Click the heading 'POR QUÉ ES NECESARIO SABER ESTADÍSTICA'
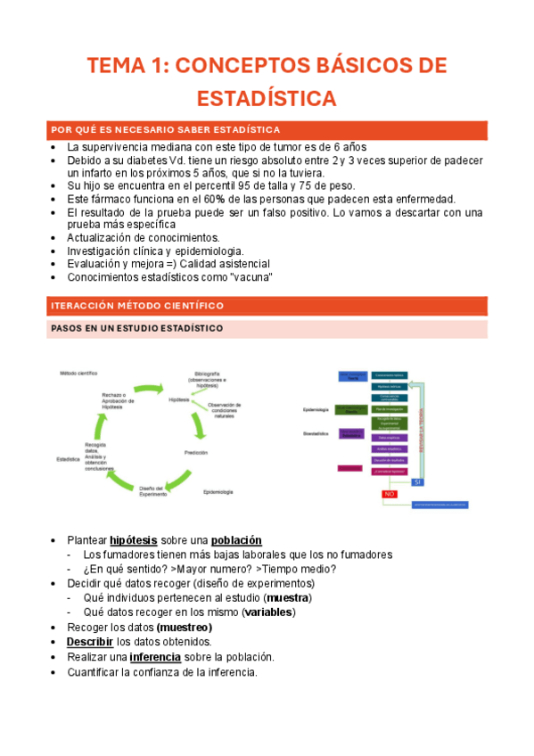tap(167, 130)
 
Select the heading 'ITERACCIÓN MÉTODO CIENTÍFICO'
tap(138, 306)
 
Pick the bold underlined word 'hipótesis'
tap(134, 540)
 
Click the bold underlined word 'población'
tap(236, 540)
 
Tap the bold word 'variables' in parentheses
tap(270, 612)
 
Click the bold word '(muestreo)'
tap(184, 627)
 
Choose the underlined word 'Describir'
tap(90, 642)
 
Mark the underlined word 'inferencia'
tap(155, 657)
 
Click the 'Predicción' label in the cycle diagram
tap(196, 453)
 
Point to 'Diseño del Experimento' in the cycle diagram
tap(151, 491)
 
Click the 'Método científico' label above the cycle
tap(78, 372)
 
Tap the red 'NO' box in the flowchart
tap(389, 494)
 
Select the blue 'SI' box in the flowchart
tap(416, 481)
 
